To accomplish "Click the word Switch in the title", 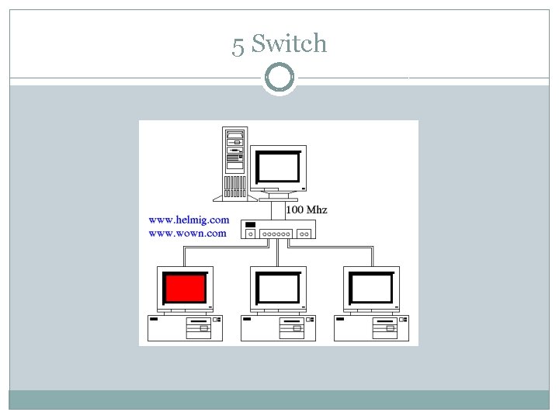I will pyautogui.click(x=289, y=44).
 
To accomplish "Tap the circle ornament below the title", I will pyautogui.click(x=279, y=78).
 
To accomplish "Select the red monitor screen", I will pyautogui.click(x=186, y=289).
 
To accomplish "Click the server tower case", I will pyautogui.click(x=234, y=163).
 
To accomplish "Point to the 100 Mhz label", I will pyautogui.click(x=307, y=209).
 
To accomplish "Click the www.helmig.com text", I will pyautogui.click(x=189, y=220).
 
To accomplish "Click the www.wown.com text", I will pyautogui.click(x=187, y=233).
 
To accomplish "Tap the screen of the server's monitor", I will pyautogui.click(x=279, y=167).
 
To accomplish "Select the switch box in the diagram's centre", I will pyautogui.click(x=277, y=230).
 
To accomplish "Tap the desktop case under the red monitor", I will pyautogui.click(x=186, y=327).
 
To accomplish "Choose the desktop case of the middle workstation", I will pyautogui.click(x=279, y=327).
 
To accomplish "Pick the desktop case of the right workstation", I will pyautogui.click(x=372, y=327).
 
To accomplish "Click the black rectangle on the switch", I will pyautogui.click(x=250, y=225).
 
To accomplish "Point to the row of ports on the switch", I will pyautogui.click(x=277, y=233).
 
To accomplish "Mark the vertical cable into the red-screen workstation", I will pyautogui.click(x=185, y=257).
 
